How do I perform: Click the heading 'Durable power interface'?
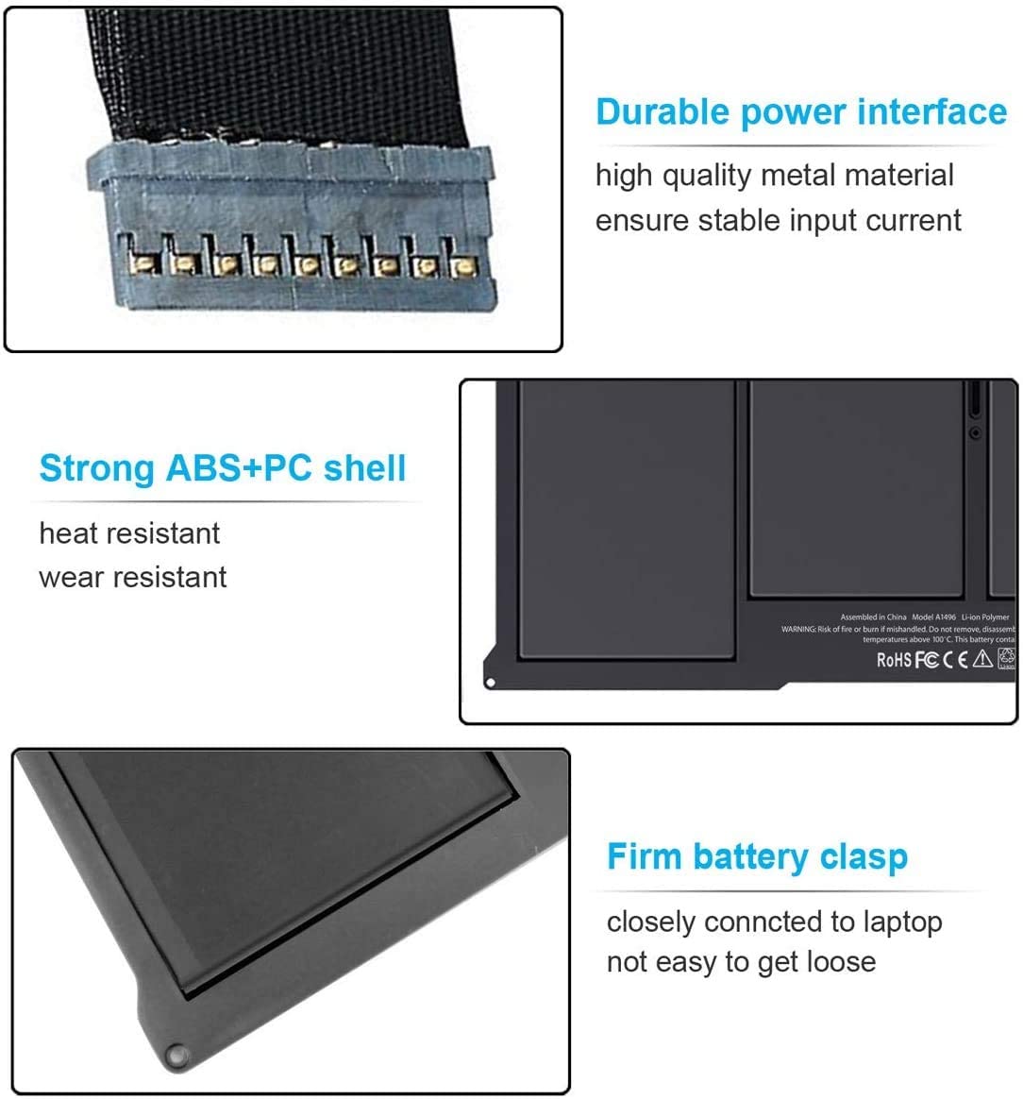tap(801, 112)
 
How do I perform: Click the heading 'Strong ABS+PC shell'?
tap(223, 468)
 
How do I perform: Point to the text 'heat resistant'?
tap(129, 533)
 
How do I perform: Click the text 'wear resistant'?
tap(133, 577)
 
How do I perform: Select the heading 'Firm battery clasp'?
tap(757, 857)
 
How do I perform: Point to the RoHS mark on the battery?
tap(894, 660)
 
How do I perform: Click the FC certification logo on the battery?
tap(927, 660)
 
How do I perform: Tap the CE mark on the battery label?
tap(956, 660)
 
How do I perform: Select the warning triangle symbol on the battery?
tap(982, 659)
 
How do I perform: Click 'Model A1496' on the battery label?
tap(934, 617)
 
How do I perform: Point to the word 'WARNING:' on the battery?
tap(798, 629)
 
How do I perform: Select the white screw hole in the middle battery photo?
tap(490, 683)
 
